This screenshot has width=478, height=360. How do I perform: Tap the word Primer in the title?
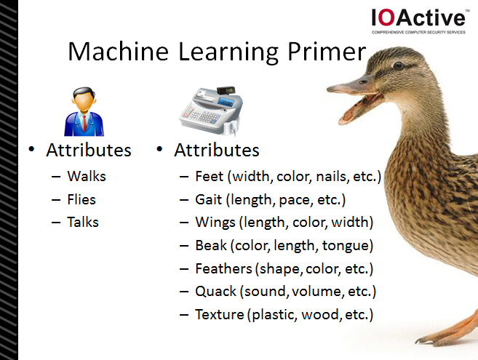coord(326,52)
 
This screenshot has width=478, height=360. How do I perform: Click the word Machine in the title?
coord(118,52)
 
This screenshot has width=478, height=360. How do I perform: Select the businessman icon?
coord(84,111)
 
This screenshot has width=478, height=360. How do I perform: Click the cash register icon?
coord(211,111)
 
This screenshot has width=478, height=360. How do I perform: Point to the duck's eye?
coord(398,65)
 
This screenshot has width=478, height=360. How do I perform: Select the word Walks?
coord(87,176)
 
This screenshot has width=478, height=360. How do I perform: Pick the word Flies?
coord(81,200)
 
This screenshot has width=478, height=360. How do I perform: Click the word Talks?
coord(83,222)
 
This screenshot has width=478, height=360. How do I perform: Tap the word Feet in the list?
coord(209,176)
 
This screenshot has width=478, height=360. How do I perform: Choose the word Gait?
coord(209,200)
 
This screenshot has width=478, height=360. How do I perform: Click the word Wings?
coord(215,223)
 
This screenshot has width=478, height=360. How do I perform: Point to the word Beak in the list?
coord(211,245)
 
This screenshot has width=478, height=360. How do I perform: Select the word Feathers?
coord(224,268)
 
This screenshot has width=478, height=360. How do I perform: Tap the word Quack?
coord(215,292)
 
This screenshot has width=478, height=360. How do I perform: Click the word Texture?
coord(220,314)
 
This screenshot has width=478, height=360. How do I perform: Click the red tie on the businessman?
coord(84,123)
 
